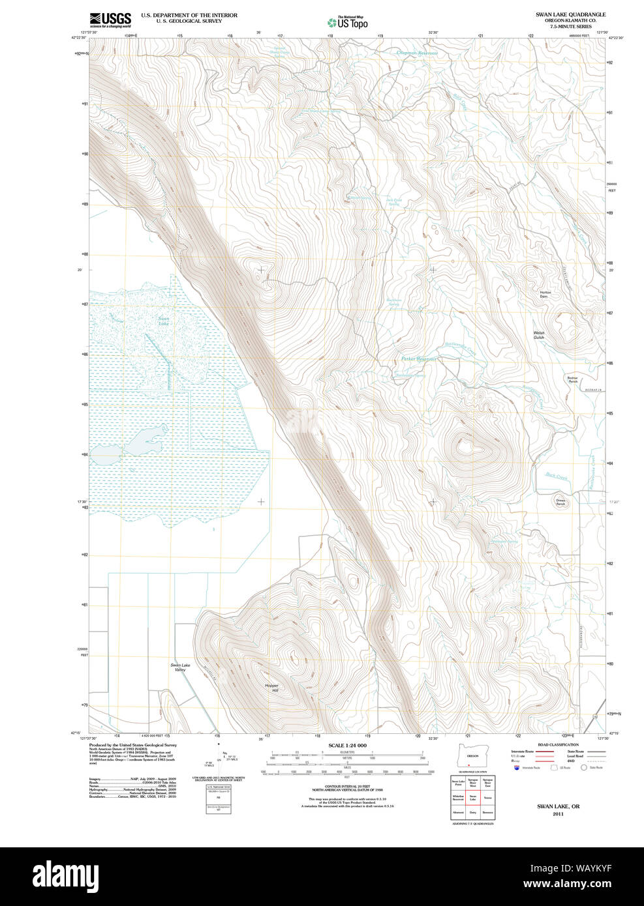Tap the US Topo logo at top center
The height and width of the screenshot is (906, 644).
pyautogui.click(x=348, y=23)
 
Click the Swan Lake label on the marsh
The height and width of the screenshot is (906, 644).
pyautogui.click(x=163, y=321)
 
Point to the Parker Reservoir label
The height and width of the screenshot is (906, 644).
pyautogui.click(x=418, y=359)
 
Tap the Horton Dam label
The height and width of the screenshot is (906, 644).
pyautogui.click(x=545, y=294)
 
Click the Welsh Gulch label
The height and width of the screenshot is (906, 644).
pyautogui.click(x=539, y=335)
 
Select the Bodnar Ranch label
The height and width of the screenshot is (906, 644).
pyautogui.click(x=572, y=379)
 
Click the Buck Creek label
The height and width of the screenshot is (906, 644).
pyautogui.click(x=557, y=477)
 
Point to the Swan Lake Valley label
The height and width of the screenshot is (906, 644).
pyautogui.click(x=180, y=667)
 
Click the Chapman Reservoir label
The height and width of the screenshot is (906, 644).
pyautogui.click(x=417, y=53)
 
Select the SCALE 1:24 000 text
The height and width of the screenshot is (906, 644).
pyautogui.click(x=347, y=745)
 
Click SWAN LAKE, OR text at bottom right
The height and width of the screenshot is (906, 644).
pyautogui.click(x=558, y=806)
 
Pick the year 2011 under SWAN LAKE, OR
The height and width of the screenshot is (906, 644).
pyautogui.click(x=558, y=814)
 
